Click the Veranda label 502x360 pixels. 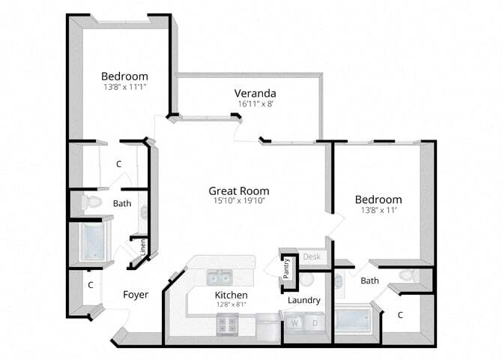(x=255, y=93)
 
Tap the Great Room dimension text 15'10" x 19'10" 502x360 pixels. (x=238, y=201)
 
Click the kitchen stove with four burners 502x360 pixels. (x=227, y=325)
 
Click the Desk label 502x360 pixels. (x=312, y=257)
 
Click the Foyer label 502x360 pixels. (x=135, y=295)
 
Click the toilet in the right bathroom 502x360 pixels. (x=408, y=275)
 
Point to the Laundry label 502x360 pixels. (x=304, y=300)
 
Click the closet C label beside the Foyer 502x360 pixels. (x=90, y=285)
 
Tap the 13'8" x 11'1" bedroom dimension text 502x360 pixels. (x=124, y=88)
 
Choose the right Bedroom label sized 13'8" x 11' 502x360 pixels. (x=378, y=199)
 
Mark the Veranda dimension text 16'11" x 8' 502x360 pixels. (x=255, y=104)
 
